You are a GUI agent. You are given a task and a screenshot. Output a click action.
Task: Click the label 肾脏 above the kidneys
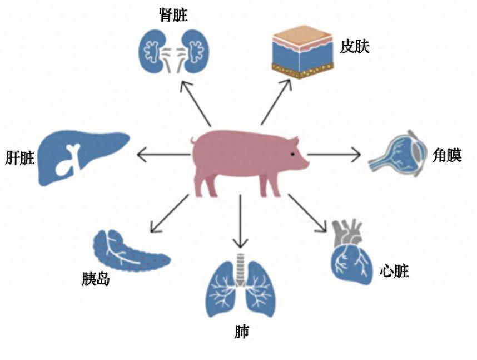(x=173, y=15)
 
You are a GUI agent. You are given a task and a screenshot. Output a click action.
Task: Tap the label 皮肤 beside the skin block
(x=355, y=47)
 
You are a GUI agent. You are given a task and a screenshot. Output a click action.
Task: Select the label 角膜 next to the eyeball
(x=447, y=155)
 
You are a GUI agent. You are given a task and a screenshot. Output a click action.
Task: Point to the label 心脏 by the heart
(x=394, y=271)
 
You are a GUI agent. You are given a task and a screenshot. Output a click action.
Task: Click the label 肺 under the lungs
(x=242, y=332)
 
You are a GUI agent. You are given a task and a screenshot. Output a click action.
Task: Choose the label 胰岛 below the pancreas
(x=96, y=278)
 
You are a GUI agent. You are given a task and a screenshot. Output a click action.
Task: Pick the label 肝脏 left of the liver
(x=20, y=158)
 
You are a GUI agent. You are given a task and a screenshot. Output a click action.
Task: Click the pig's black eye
(x=292, y=154)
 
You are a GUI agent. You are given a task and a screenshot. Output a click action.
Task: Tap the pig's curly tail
(x=193, y=141)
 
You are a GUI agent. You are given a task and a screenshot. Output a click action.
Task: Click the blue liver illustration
(x=83, y=157)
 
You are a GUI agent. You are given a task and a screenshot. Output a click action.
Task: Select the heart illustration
(x=351, y=252)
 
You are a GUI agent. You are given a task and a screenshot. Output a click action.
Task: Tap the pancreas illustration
(x=130, y=250)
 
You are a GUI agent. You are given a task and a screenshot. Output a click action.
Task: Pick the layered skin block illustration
(x=302, y=52)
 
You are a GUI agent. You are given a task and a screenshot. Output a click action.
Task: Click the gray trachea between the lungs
(x=241, y=269)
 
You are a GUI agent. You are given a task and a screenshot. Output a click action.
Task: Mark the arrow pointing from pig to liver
(x=163, y=155)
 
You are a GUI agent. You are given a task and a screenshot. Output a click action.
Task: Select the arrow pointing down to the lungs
(x=241, y=221)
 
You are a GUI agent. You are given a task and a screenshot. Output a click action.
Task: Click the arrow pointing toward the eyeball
(x=334, y=155)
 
